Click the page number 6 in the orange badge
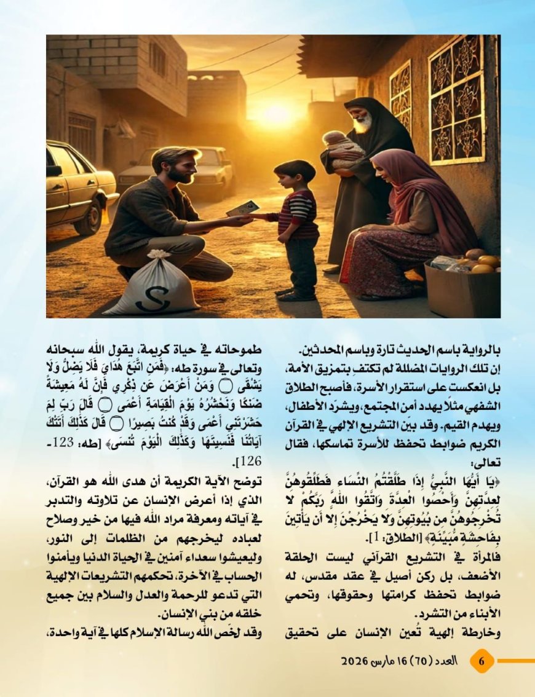[482, 661]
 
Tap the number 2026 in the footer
[355, 661]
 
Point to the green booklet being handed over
[242, 208]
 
